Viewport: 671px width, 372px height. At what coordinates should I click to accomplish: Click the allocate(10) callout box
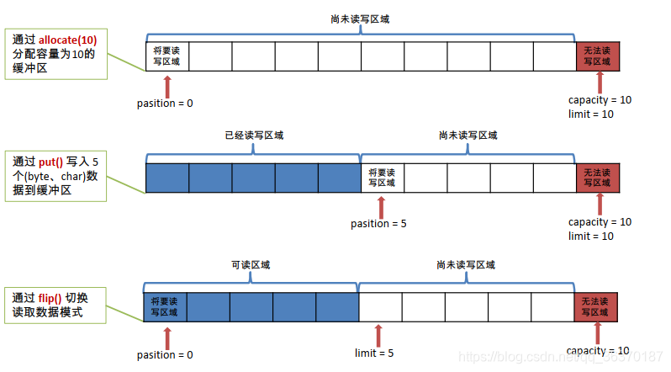click(x=56, y=55)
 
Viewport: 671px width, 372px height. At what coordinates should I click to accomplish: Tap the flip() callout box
click(x=56, y=305)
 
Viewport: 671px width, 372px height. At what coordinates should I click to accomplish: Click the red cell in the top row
click(x=598, y=56)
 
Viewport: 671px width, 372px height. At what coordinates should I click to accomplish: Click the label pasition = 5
click(x=379, y=224)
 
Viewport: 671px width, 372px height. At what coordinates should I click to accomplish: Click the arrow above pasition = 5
click(x=380, y=205)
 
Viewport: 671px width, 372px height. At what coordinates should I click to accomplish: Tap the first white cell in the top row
click(x=166, y=56)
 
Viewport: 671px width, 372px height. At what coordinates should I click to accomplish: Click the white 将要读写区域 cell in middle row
click(x=383, y=178)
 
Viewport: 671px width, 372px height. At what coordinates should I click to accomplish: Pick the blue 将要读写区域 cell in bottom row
click(x=166, y=306)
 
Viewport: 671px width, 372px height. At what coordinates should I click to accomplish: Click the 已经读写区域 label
click(x=254, y=135)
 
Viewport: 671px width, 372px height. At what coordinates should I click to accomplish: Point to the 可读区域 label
click(x=251, y=264)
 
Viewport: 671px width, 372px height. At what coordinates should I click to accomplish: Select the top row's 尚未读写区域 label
click(x=362, y=17)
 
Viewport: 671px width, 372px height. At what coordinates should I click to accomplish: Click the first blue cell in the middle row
click(x=166, y=178)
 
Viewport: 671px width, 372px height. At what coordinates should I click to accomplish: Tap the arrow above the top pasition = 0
click(x=167, y=84)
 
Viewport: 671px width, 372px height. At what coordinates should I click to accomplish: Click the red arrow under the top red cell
click(x=599, y=82)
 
